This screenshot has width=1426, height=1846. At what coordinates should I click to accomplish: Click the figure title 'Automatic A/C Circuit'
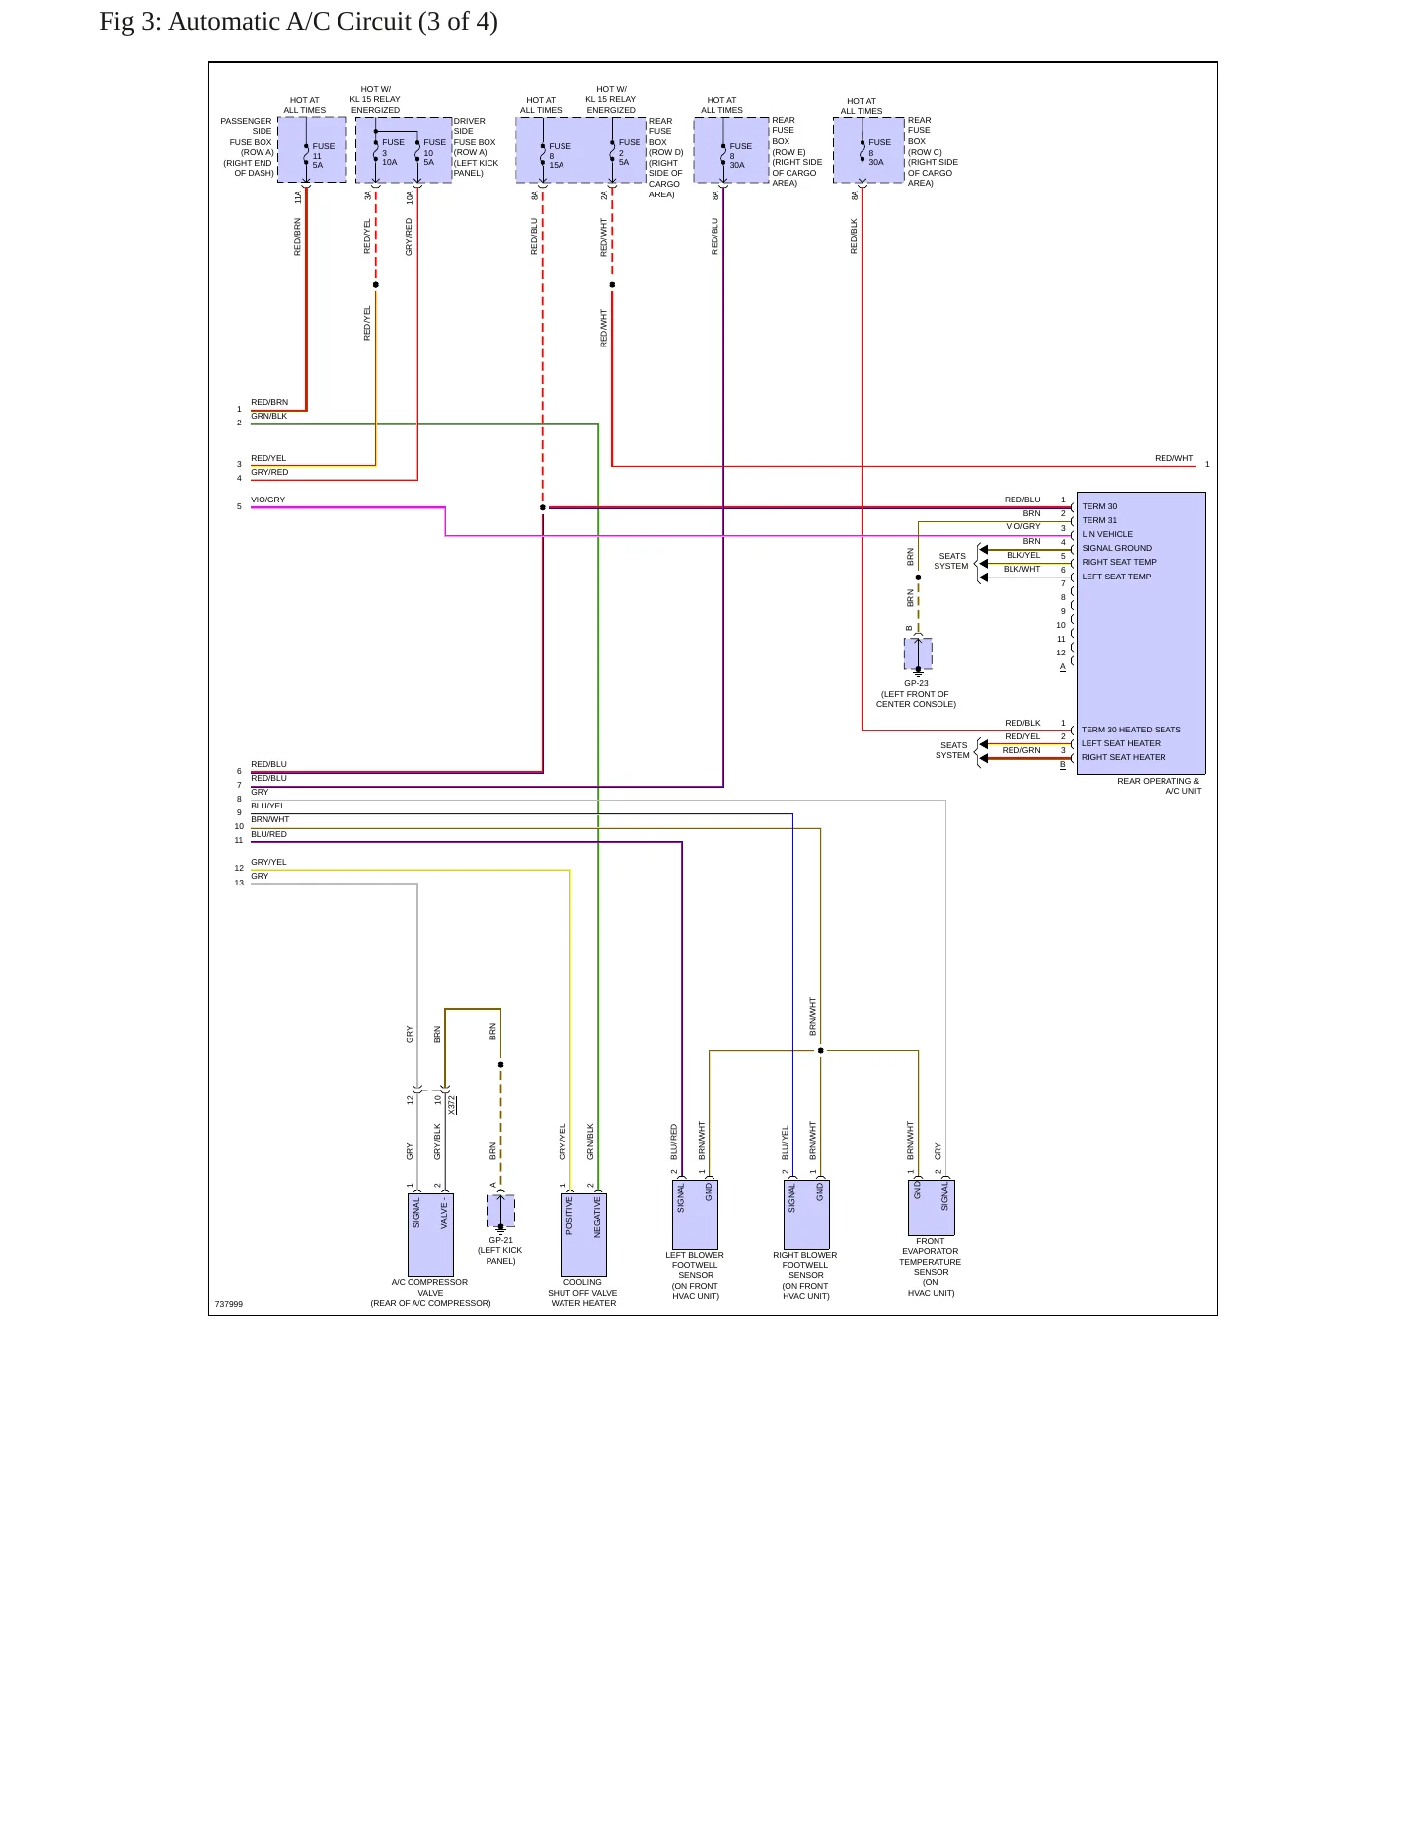coord(333,21)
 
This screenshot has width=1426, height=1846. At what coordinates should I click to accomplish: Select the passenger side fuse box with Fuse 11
coord(312,150)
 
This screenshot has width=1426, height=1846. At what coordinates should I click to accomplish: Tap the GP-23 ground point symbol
coord(918,654)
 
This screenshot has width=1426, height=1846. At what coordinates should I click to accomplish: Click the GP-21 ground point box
coord(500,1211)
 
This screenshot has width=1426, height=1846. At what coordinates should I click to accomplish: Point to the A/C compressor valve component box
coord(430,1235)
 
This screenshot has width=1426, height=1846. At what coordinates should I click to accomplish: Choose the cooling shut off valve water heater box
coord(583,1235)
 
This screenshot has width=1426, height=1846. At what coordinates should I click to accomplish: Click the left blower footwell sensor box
coord(695,1214)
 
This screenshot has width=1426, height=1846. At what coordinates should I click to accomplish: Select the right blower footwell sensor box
coord(806,1214)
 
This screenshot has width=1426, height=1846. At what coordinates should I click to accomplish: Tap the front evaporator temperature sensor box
coord(932,1207)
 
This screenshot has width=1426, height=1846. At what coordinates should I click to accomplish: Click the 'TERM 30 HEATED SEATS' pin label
coord(1131,730)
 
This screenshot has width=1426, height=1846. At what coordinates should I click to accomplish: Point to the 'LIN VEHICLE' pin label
coord(1107,534)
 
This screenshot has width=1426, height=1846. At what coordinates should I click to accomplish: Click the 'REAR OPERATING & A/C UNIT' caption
coord(1159,786)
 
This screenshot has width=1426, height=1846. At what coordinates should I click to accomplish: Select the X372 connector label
coord(452,1104)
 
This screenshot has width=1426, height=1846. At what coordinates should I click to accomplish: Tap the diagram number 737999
coord(229,1304)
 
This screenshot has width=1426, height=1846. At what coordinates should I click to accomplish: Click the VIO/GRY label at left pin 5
coord(267,500)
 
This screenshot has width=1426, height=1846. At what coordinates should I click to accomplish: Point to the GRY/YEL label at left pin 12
coord(268,862)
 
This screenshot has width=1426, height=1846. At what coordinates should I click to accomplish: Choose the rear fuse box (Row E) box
coord(731,150)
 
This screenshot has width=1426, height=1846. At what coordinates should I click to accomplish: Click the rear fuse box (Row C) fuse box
coord(869,150)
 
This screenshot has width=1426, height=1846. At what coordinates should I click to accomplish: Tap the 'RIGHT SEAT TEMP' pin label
coord(1119,562)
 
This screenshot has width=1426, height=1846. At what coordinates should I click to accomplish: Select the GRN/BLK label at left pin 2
coord(268,416)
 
